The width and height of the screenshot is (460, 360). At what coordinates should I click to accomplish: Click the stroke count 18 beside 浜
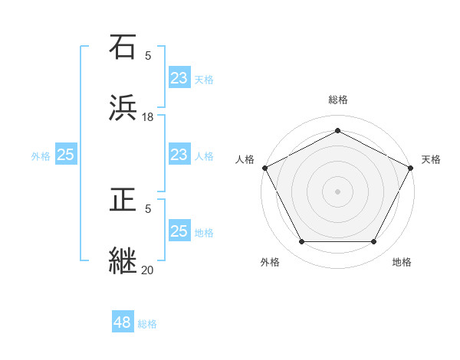(x=148, y=116)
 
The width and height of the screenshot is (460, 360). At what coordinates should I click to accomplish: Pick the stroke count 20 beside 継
(x=148, y=270)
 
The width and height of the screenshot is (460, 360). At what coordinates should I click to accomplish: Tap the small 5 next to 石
(x=148, y=55)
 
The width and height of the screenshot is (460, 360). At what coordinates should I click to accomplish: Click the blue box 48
(x=123, y=322)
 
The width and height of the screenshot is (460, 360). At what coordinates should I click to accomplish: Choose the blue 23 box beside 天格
(x=179, y=78)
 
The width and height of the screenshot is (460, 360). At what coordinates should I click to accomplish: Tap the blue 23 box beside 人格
(x=179, y=155)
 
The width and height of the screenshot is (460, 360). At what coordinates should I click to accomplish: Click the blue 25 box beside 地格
(x=179, y=231)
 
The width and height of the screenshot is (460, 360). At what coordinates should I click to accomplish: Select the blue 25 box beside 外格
(x=66, y=155)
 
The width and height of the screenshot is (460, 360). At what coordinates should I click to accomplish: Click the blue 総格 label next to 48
(x=148, y=324)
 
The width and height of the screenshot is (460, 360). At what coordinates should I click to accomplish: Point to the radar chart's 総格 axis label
(x=338, y=100)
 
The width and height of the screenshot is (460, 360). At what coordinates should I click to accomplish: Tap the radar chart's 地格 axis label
(x=402, y=262)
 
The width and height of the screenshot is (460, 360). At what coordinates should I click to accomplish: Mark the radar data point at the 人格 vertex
(x=264, y=167)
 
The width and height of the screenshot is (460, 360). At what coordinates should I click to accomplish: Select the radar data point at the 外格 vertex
(x=301, y=241)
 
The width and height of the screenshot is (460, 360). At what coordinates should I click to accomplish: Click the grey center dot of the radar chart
(x=338, y=191)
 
